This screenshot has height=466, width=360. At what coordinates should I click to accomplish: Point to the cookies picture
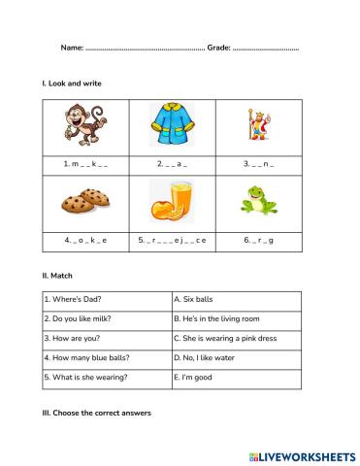pos(85,202)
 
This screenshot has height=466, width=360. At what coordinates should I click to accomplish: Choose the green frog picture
pos(263,199)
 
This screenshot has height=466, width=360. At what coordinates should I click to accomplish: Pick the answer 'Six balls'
pos(193,300)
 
